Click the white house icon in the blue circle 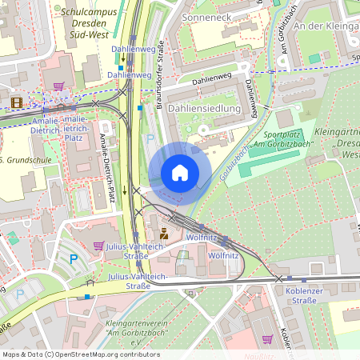pos(180,173)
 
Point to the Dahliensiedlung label pos(205,108)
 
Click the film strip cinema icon pos(17,102)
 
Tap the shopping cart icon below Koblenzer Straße pos(266,338)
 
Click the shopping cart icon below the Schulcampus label pos(58,85)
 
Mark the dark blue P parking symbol pos(74,258)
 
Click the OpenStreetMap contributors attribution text pos(81,354)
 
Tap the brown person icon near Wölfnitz pos(164,234)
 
